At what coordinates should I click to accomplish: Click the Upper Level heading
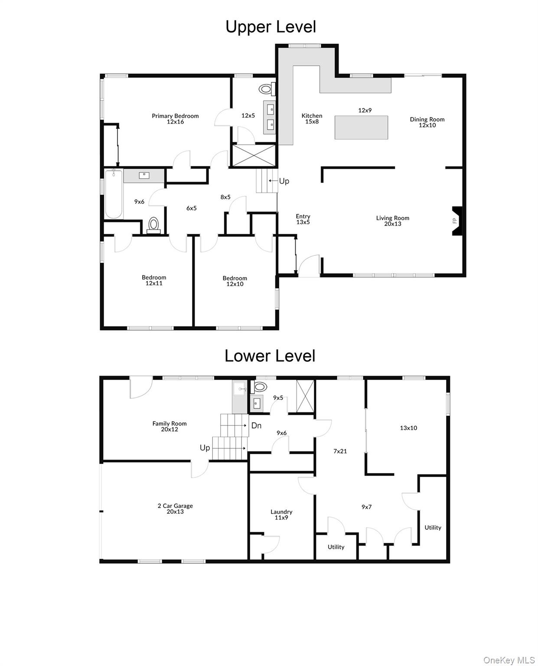coord(271,27)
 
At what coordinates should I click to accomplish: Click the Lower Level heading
coord(270,356)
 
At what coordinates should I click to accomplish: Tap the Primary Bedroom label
coord(175,118)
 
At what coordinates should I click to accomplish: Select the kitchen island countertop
coord(361,127)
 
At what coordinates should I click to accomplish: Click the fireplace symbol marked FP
coord(456,221)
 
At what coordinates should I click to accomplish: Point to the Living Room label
coord(392,221)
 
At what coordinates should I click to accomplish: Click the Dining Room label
coord(427,122)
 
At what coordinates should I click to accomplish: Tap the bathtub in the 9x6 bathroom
coord(114,194)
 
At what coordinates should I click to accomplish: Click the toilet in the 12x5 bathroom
coord(265,90)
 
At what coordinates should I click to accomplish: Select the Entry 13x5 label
coord(303,219)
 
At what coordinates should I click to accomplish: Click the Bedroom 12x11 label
coord(154,280)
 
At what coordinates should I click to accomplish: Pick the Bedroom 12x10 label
coord(235,281)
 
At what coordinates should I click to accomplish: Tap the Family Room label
coord(170,426)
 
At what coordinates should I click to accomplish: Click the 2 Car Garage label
coord(175,509)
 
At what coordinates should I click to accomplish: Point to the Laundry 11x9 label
coord(281,515)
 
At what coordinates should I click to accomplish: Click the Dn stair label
coord(256,425)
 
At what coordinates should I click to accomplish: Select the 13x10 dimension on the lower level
coord(408,428)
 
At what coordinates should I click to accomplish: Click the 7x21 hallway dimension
coord(340,451)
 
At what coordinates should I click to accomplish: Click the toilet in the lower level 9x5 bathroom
coord(261,387)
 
